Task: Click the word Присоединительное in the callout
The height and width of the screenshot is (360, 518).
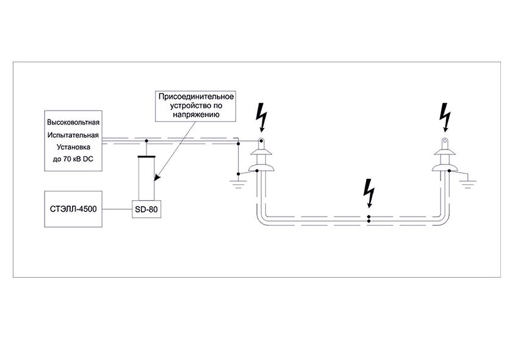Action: [x=196, y=96]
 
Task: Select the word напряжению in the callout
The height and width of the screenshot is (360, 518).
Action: [x=196, y=114]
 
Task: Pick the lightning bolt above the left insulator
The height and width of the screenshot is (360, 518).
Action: [x=262, y=118]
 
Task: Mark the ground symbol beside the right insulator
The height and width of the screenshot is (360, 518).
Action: [x=467, y=181]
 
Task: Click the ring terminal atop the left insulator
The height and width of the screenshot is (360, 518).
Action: [x=261, y=143]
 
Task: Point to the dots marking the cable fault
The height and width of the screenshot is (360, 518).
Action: [x=369, y=218]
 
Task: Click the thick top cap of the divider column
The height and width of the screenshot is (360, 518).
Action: [x=146, y=157]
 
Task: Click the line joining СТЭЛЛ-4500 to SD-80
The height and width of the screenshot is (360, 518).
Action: [x=118, y=209]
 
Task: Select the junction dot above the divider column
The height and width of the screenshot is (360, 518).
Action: [x=146, y=142]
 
